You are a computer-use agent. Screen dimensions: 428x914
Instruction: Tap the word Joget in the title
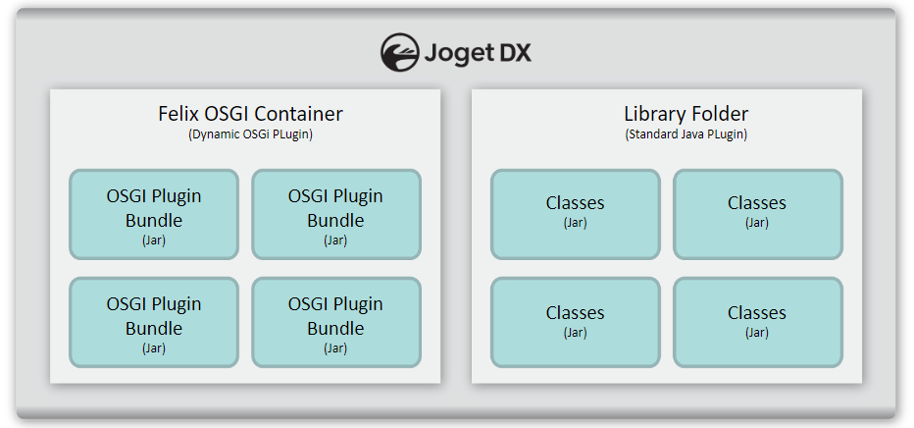[460, 53]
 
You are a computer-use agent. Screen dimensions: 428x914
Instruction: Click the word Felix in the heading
[178, 114]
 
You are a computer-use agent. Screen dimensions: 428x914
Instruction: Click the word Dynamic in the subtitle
[212, 134]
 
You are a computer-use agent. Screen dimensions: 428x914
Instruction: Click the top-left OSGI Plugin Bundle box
[154, 215]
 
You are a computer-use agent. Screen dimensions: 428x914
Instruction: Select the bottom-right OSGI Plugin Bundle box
[335, 323]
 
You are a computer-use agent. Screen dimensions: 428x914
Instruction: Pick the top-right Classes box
[757, 215]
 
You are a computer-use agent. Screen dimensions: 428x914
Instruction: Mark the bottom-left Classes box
[575, 323]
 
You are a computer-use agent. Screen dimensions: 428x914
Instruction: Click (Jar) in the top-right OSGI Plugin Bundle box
[335, 241]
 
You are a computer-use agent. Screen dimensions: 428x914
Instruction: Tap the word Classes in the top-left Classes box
[575, 203]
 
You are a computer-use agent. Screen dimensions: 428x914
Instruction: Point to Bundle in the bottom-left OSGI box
[154, 328]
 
